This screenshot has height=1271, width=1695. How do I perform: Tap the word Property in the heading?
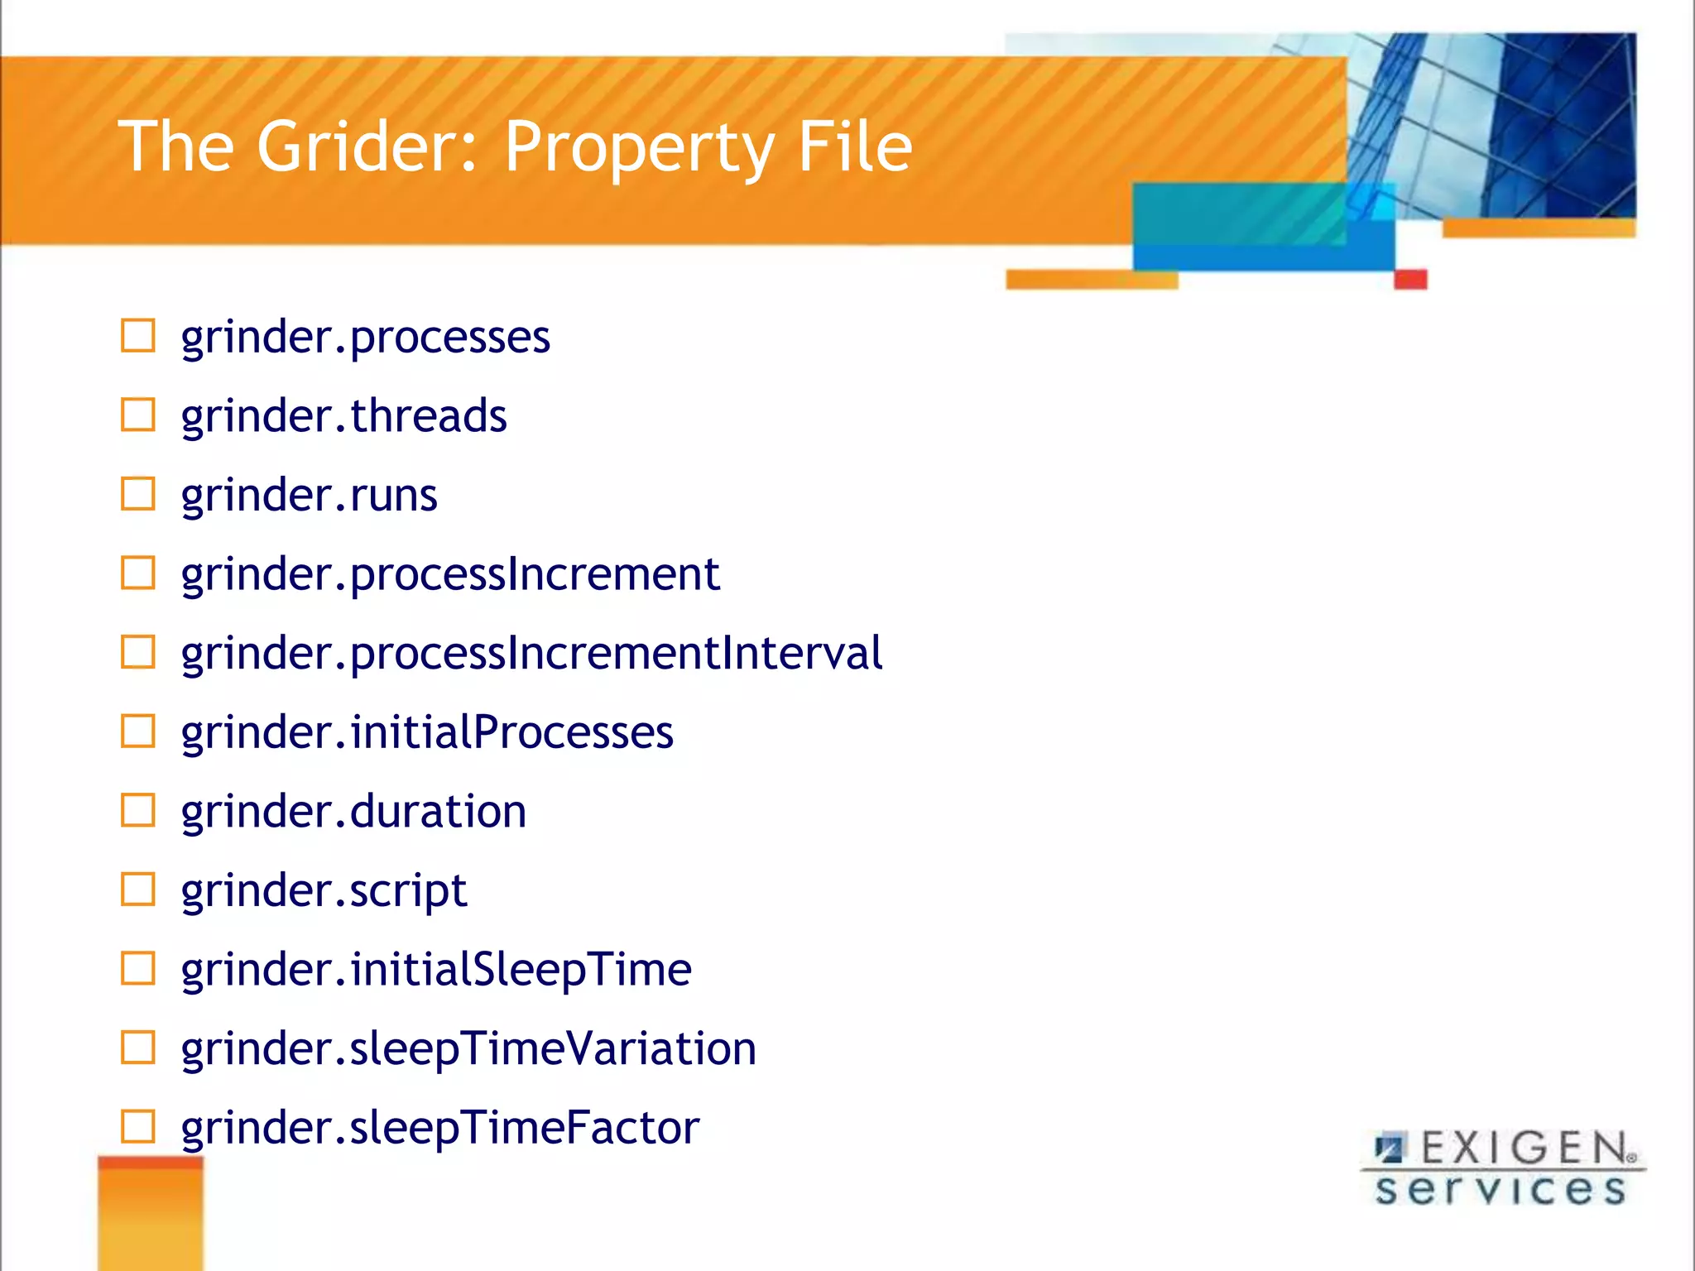pos(638,149)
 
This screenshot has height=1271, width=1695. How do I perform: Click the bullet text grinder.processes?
pos(365,338)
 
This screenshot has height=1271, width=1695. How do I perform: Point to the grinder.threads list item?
pos(343,415)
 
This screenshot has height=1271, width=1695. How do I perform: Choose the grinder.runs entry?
pos(309,495)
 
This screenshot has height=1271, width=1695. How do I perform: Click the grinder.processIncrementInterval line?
pos(531,654)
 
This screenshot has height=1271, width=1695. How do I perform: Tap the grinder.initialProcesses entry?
pos(427,732)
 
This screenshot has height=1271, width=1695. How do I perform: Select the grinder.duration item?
pos(353,812)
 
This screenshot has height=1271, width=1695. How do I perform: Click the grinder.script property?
pos(324,891)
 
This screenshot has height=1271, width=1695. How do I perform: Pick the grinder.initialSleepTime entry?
pos(436,970)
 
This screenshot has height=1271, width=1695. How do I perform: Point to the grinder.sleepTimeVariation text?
pos(468,1049)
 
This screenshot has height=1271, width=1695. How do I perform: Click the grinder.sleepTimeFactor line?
pos(440,1128)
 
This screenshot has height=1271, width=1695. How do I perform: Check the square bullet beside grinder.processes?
pos(138,336)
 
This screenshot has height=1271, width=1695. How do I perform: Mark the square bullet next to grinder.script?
pos(138,890)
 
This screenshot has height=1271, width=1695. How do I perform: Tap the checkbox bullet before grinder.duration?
pos(138,810)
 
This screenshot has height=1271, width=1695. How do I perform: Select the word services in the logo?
pos(1500,1190)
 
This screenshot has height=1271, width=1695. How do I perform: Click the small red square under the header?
pos(1410,279)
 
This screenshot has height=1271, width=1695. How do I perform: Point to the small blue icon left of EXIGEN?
pos(1390,1149)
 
